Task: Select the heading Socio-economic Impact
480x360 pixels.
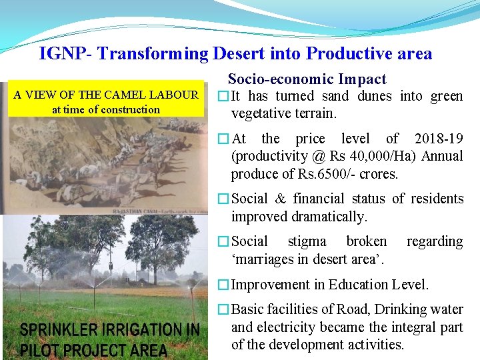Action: click(x=307, y=79)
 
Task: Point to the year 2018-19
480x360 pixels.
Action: click(x=438, y=139)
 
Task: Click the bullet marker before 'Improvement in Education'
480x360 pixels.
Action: click(x=224, y=285)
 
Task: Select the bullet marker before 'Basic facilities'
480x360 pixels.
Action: click(x=224, y=310)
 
